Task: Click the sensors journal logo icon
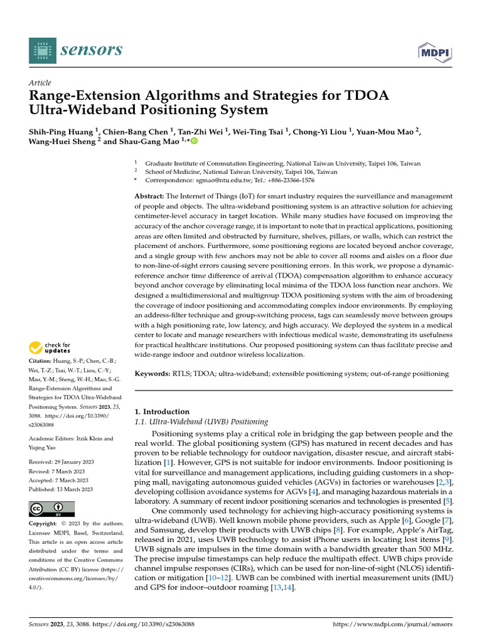point(41,50)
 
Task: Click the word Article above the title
point(40,83)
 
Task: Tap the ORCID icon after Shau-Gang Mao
point(194,141)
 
